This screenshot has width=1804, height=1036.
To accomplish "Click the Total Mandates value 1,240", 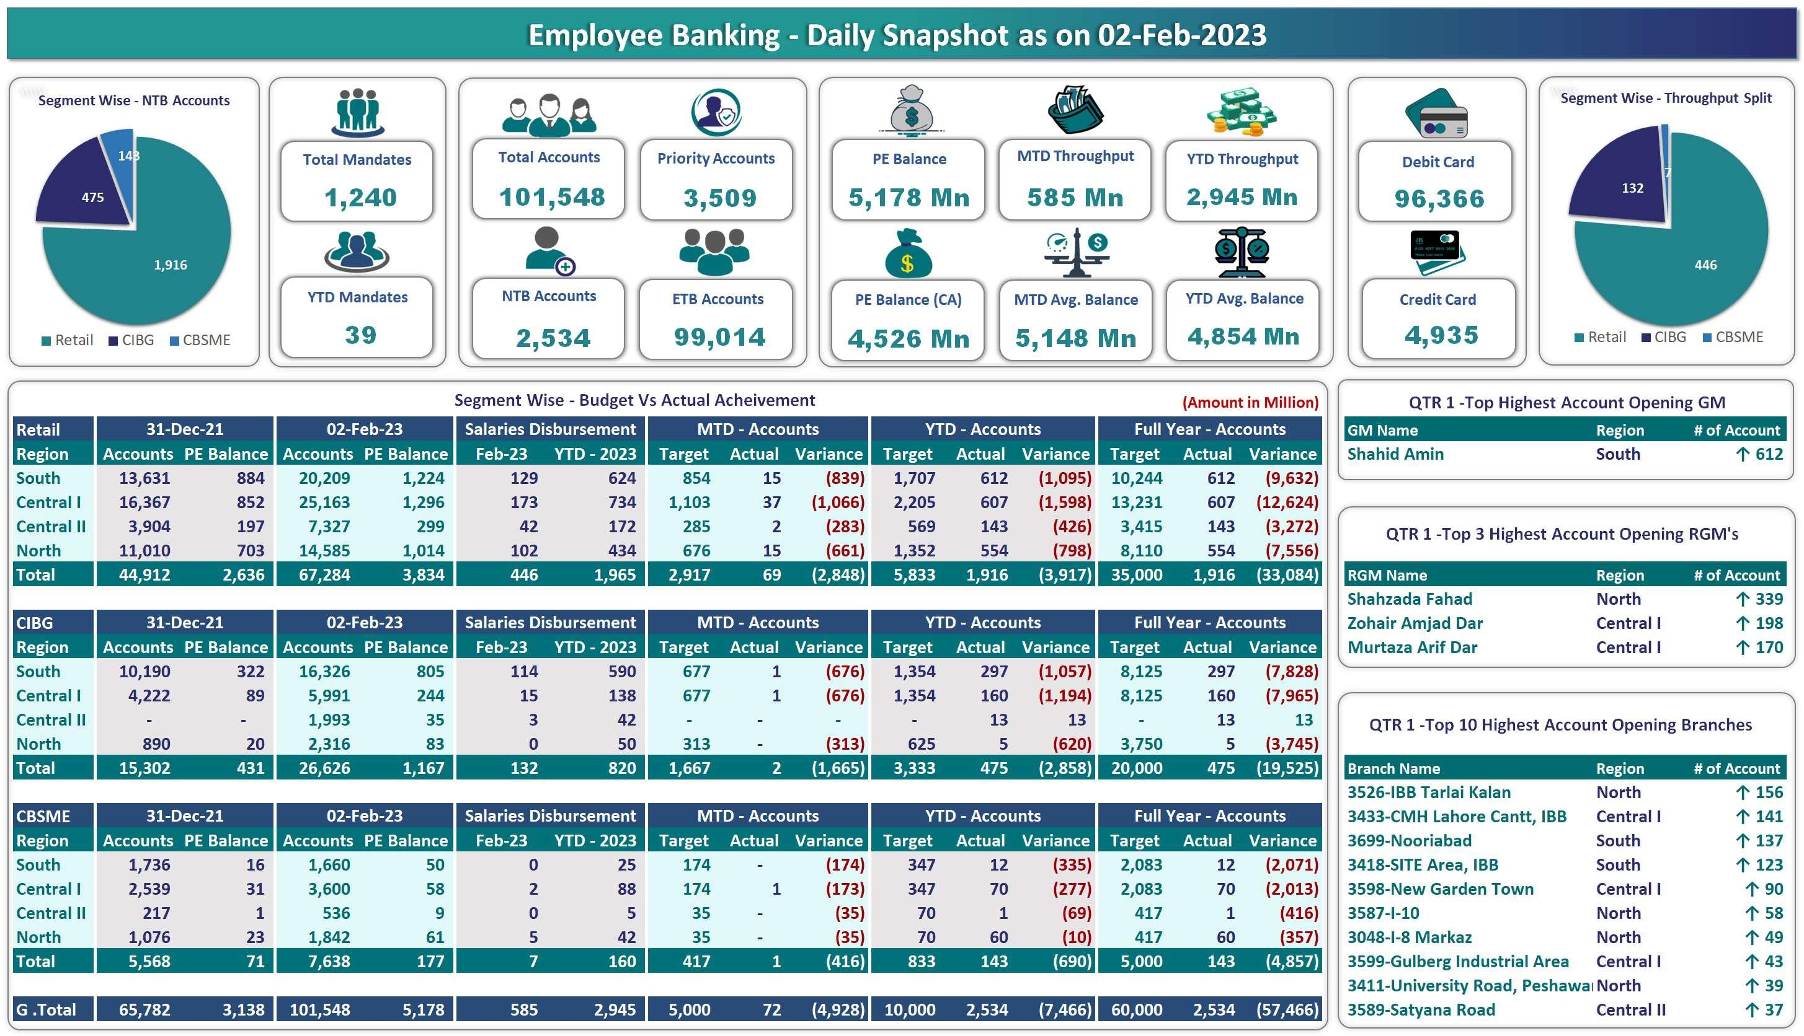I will (360, 197).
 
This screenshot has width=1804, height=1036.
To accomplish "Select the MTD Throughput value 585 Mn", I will (1075, 197).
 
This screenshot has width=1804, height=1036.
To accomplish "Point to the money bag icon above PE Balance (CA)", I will (908, 255).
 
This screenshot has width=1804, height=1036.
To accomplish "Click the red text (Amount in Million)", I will (1250, 402).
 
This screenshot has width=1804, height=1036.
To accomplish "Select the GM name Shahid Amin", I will (1395, 454).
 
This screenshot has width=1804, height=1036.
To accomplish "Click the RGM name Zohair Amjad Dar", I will (1414, 623).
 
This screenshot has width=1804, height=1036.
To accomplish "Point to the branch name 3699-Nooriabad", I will (1409, 840).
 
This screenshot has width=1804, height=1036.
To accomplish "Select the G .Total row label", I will (47, 1009).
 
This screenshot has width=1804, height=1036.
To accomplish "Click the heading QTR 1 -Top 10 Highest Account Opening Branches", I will (1560, 724).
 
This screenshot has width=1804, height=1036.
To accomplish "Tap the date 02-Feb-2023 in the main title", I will (1181, 35).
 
